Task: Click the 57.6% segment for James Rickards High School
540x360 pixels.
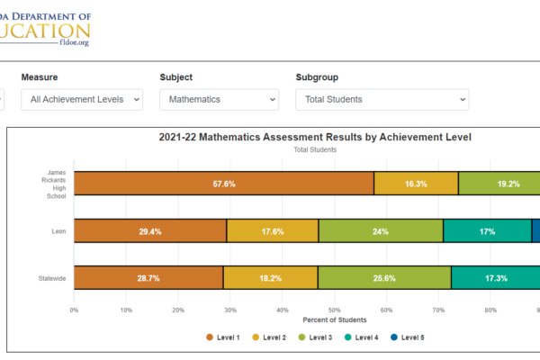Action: (x=224, y=184)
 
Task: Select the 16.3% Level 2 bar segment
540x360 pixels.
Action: (x=416, y=184)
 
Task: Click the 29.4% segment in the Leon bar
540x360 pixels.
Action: (x=149, y=231)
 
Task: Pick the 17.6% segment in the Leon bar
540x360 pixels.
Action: (x=273, y=231)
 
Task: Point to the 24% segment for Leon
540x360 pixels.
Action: (x=381, y=231)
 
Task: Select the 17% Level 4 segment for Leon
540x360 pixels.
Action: (x=487, y=231)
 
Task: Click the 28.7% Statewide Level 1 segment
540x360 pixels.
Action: (x=148, y=278)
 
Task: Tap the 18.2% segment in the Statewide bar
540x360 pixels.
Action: (x=270, y=278)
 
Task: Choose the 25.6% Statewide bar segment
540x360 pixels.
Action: (x=384, y=278)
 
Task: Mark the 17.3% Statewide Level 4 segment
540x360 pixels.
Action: (x=495, y=278)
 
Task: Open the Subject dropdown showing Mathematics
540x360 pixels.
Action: (x=219, y=99)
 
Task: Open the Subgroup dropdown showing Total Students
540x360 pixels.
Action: (x=382, y=99)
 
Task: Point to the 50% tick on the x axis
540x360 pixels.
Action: (x=334, y=310)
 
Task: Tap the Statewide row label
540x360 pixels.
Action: (x=50, y=278)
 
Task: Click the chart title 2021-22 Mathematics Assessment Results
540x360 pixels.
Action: (x=315, y=138)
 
